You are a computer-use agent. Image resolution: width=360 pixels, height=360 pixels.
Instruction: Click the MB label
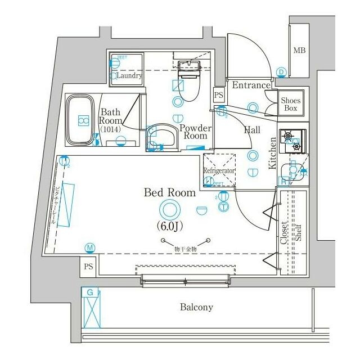(x=299, y=51)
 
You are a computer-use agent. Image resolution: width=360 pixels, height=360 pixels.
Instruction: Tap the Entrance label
(x=251, y=85)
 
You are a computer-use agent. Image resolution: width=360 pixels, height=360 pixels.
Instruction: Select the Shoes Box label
(x=291, y=103)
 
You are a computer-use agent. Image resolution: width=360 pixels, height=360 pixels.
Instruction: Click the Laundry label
(x=129, y=75)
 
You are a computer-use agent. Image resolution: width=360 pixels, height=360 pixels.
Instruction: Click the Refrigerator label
(x=219, y=170)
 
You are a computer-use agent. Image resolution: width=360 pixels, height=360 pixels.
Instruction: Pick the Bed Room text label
(x=170, y=193)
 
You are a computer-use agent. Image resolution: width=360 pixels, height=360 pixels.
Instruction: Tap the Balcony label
(x=196, y=307)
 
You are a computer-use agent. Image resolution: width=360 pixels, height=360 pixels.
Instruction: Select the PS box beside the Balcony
(x=88, y=266)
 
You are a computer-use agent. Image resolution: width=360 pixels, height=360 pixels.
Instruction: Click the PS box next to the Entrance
(x=219, y=95)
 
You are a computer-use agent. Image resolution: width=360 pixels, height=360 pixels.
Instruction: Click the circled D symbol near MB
(x=281, y=71)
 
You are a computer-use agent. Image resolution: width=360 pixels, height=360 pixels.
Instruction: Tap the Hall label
(x=251, y=129)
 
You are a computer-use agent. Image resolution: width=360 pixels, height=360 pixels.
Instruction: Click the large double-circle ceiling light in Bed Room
(x=169, y=210)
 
